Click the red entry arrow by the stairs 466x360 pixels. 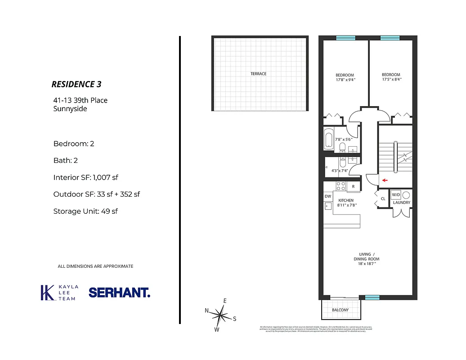[384, 180]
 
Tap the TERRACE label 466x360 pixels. [258, 74]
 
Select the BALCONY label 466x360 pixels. [340, 310]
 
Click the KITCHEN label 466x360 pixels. [346, 200]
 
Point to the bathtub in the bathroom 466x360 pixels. [328, 139]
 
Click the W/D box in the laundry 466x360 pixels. [396, 195]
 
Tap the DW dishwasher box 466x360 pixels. [327, 196]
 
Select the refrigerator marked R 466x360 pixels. [353, 186]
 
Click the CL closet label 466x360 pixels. [383, 198]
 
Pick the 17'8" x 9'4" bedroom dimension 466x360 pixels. [345, 80]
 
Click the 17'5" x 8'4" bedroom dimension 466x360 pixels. [391, 80]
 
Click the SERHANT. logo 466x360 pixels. [119, 292]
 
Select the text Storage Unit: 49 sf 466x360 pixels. [85, 211]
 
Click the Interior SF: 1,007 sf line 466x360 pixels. [85, 178]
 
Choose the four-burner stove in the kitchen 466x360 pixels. [341, 186]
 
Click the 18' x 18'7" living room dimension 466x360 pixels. [367, 265]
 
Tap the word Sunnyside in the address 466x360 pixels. [70, 108]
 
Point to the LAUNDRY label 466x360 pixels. [401, 202]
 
